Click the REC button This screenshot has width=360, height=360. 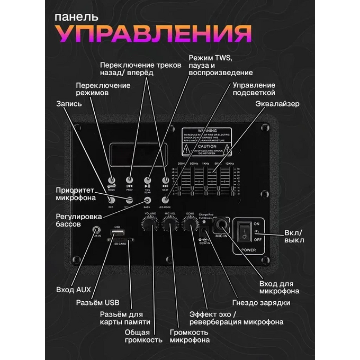111,200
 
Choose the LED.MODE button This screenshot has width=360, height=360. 165,200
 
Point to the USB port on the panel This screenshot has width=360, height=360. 118,233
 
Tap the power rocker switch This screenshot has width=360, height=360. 245,231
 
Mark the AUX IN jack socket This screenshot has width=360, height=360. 96,231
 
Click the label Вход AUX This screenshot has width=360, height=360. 74,290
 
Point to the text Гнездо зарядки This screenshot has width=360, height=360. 261,303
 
